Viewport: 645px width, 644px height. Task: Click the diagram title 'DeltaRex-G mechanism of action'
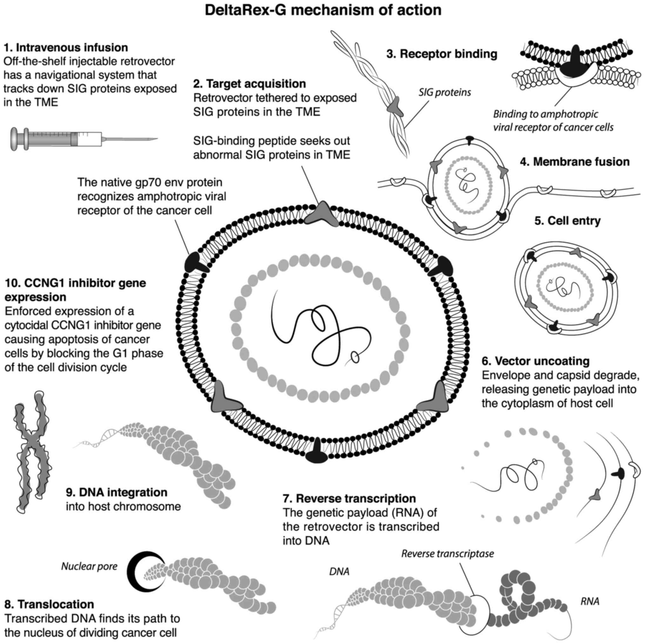coord(323,10)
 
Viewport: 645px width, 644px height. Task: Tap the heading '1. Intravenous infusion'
coord(66,47)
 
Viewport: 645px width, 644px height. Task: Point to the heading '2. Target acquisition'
coord(249,83)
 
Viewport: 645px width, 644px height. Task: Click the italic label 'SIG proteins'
coord(445,92)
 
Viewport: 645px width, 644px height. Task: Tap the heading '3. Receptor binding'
coord(442,54)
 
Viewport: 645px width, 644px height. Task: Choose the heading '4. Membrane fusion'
coord(574,162)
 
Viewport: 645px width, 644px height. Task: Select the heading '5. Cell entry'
coord(568,221)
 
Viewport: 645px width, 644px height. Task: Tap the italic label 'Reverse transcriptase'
coord(447,554)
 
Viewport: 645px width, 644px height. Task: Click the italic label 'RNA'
coord(590,601)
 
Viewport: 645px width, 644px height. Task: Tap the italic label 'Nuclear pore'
coord(89,566)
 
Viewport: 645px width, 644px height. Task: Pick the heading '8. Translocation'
coord(49,604)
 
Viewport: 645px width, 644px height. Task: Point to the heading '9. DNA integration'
coord(117,492)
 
